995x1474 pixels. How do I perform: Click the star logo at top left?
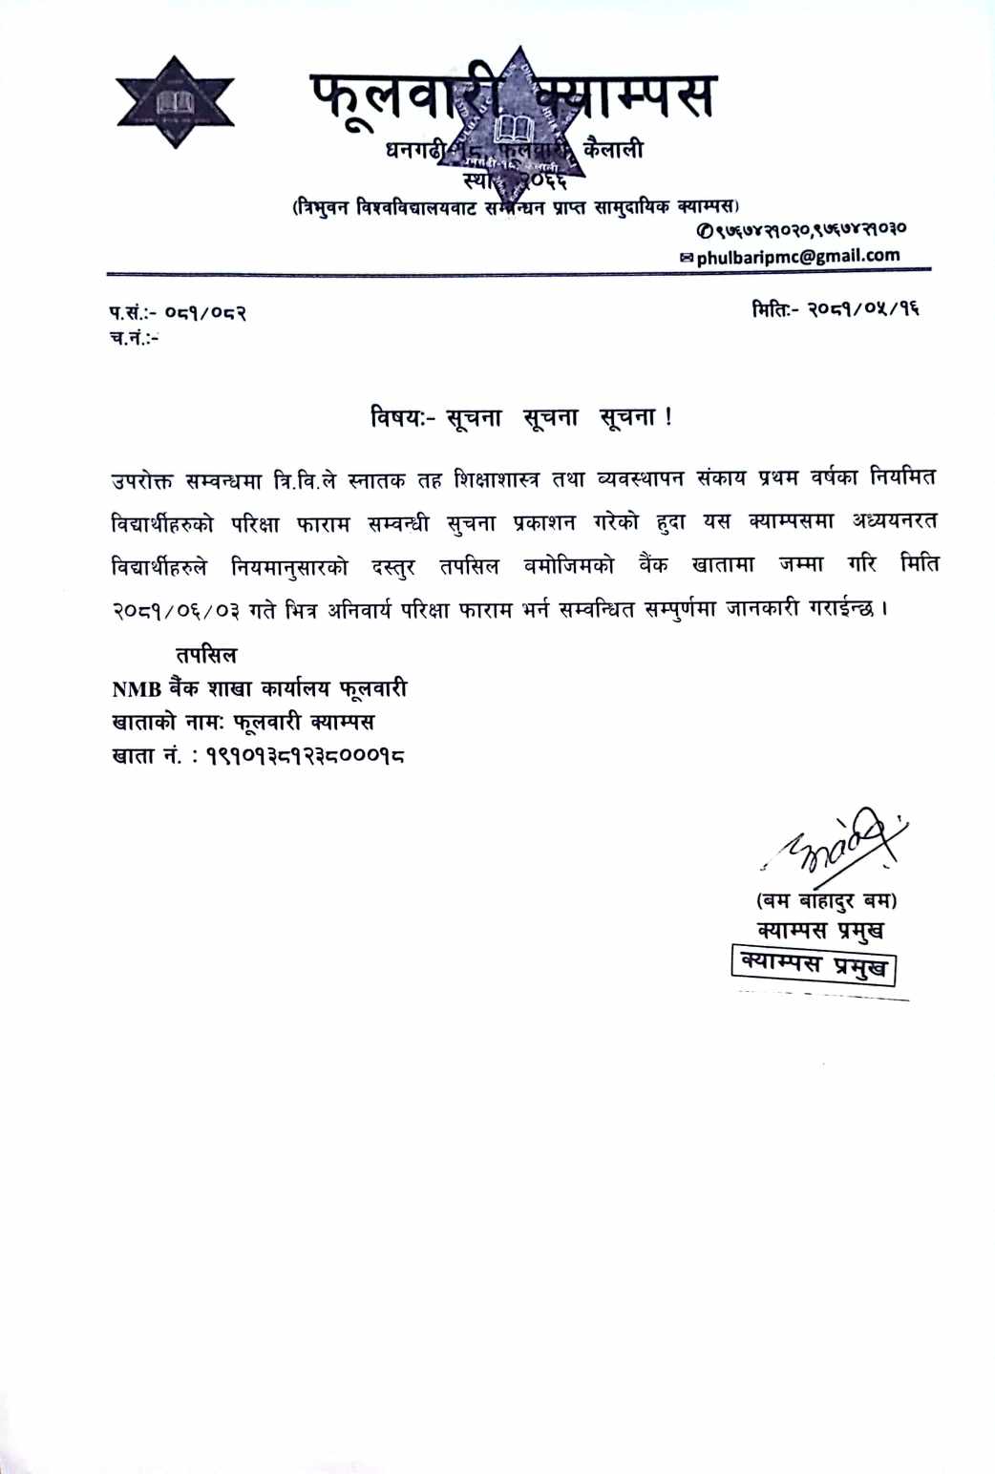(176, 102)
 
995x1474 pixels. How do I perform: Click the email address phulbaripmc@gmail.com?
(797, 256)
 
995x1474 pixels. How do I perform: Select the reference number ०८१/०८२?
(205, 312)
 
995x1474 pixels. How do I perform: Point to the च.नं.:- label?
(135, 338)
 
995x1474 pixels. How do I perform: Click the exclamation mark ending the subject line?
(667, 417)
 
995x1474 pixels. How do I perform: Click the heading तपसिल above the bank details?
(205, 655)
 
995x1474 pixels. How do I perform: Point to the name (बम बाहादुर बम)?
(826, 899)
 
